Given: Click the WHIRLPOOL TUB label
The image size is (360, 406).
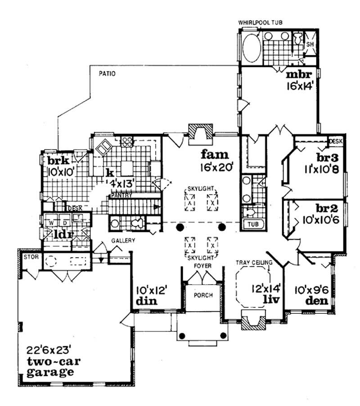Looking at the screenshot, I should pos(261,22).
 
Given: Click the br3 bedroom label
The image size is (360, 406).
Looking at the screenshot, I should pos(327,158).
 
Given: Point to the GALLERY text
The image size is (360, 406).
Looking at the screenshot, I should pos(123,241).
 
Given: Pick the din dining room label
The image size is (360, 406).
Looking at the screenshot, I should pos(145,301).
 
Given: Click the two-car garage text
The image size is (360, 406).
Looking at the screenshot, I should pos(49,366).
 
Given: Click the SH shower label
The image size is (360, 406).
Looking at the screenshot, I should pos(310,45).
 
